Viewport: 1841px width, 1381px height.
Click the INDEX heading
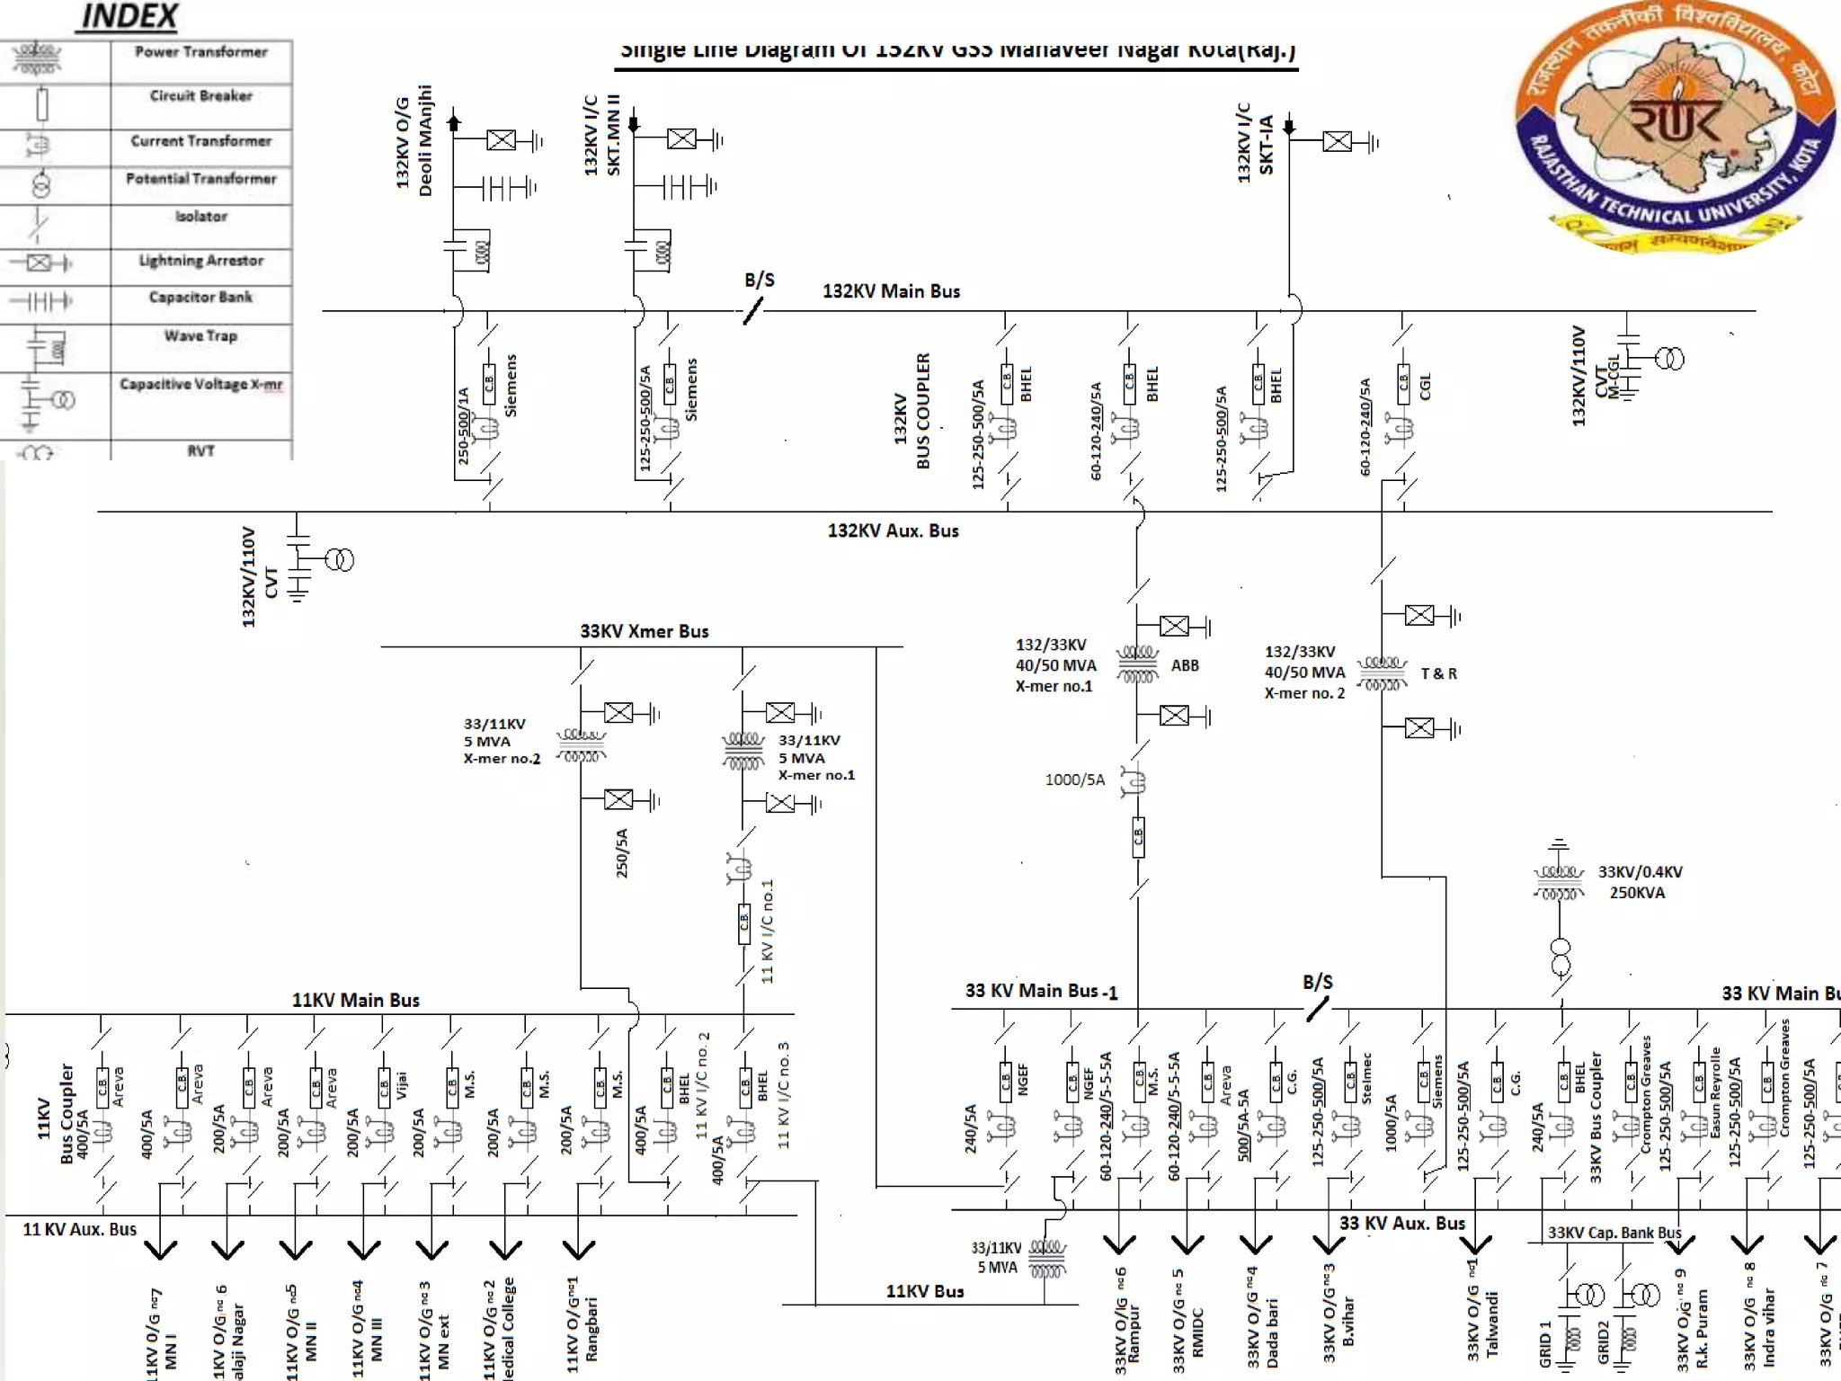point(129,16)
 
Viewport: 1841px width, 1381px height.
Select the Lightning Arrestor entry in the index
point(200,261)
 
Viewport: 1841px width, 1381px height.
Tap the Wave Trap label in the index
point(200,336)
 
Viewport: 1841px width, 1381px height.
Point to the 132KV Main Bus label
point(891,291)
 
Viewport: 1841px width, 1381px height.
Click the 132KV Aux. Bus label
point(893,530)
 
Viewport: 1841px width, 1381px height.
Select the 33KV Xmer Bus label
point(644,631)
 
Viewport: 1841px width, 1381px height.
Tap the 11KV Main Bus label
point(355,1000)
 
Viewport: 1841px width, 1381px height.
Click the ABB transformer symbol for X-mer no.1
point(1137,665)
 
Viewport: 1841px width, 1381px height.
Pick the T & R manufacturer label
point(1438,673)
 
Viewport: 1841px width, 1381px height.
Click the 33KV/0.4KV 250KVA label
point(1640,882)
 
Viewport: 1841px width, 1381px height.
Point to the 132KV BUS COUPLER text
point(912,411)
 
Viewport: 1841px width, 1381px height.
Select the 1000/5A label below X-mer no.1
point(1074,780)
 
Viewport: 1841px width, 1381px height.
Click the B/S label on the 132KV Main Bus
point(759,281)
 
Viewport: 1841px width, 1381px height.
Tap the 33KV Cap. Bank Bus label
point(1614,1233)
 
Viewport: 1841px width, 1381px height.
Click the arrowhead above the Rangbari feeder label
point(579,1249)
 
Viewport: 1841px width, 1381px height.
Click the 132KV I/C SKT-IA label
point(1255,144)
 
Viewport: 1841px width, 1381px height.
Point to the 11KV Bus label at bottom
point(924,1291)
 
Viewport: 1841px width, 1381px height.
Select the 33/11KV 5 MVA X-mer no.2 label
point(501,741)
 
